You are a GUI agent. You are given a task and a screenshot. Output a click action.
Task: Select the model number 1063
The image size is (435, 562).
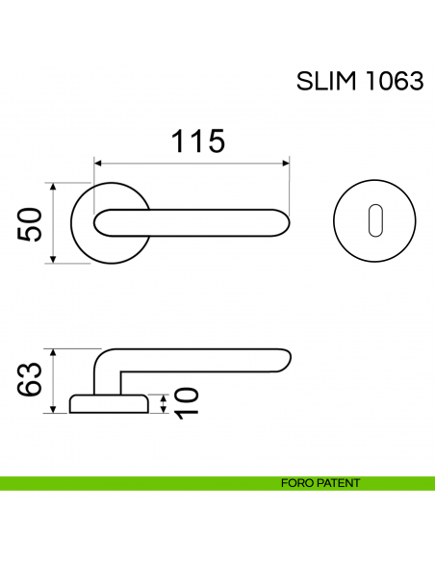pos(394,82)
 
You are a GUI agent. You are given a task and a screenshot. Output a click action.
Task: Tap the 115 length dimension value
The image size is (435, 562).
pos(198,141)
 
